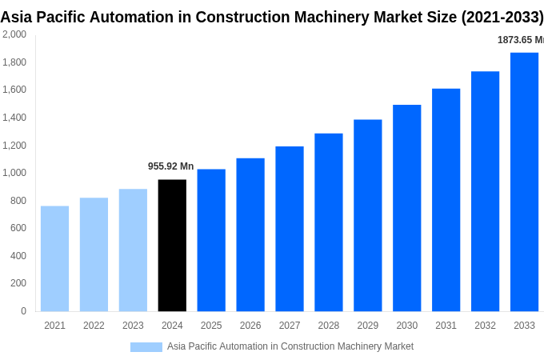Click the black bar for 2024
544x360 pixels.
click(172, 245)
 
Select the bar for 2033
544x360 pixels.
click(524, 182)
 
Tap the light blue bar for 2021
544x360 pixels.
click(54, 258)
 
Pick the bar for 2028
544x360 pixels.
click(328, 222)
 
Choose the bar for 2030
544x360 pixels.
click(406, 208)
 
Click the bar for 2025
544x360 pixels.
click(211, 240)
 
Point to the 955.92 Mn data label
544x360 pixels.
click(170, 166)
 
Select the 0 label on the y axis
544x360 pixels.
click(23, 311)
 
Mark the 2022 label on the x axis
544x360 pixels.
click(94, 326)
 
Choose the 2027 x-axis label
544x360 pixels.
click(290, 326)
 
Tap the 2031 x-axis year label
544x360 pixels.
click(446, 326)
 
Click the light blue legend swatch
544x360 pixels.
click(146, 346)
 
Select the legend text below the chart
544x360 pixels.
click(290, 346)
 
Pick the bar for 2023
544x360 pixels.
click(133, 250)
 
